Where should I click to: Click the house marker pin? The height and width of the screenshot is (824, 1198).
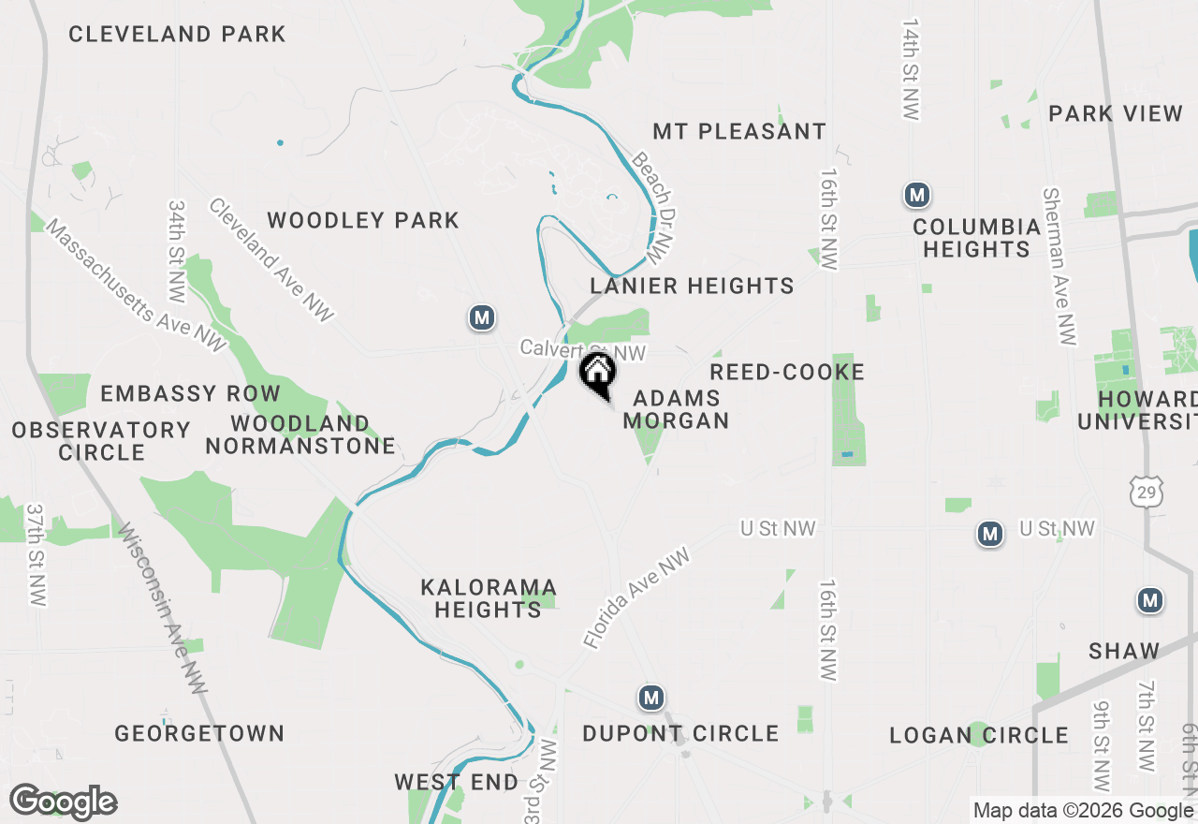(597, 374)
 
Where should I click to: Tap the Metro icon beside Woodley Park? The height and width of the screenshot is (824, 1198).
(482, 318)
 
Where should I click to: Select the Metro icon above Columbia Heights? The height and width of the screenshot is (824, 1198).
(917, 196)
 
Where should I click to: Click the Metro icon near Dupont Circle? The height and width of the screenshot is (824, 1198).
(651, 698)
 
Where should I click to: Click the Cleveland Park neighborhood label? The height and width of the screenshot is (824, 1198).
(177, 35)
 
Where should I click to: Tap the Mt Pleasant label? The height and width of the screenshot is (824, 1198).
(739, 131)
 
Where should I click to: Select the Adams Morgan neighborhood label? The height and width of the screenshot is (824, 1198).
(677, 410)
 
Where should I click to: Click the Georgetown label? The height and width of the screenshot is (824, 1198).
(199, 733)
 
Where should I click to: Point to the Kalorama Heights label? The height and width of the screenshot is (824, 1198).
(489, 598)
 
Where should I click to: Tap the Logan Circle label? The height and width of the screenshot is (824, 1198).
(978, 735)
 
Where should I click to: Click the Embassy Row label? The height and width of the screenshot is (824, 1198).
(190, 393)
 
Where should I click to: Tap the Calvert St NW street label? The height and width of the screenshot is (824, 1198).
(582, 350)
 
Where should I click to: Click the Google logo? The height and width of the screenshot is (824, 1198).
(63, 802)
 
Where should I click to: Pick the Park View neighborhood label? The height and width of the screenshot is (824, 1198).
(1116, 113)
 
